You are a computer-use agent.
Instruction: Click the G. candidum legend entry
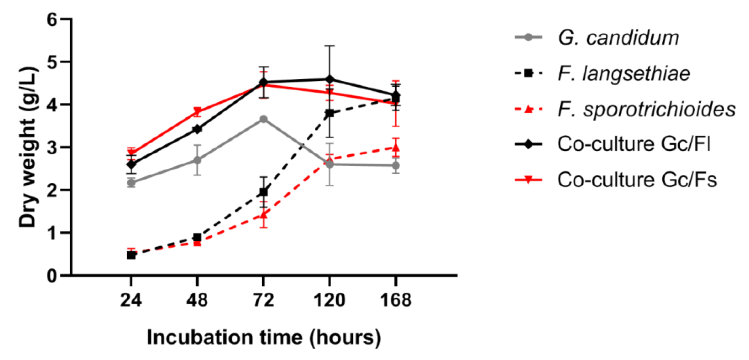(618, 38)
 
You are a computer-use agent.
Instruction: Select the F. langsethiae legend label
(624, 74)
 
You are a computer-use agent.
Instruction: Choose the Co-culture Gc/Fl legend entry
(634, 144)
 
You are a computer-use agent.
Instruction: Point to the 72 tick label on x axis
(263, 300)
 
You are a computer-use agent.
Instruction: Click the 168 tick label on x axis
(396, 300)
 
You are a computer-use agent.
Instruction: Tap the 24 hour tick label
(131, 300)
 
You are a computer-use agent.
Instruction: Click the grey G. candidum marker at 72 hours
(263, 119)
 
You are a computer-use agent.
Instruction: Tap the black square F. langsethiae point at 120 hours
(329, 113)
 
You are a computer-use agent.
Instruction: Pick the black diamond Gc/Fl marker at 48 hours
(197, 129)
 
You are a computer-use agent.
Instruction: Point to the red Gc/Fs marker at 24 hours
(131, 153)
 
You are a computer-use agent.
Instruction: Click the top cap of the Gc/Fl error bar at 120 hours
(329, 46)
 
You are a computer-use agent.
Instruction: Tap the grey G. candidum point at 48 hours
(197, 160)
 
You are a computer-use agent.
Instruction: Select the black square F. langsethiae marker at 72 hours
(263, 192)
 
